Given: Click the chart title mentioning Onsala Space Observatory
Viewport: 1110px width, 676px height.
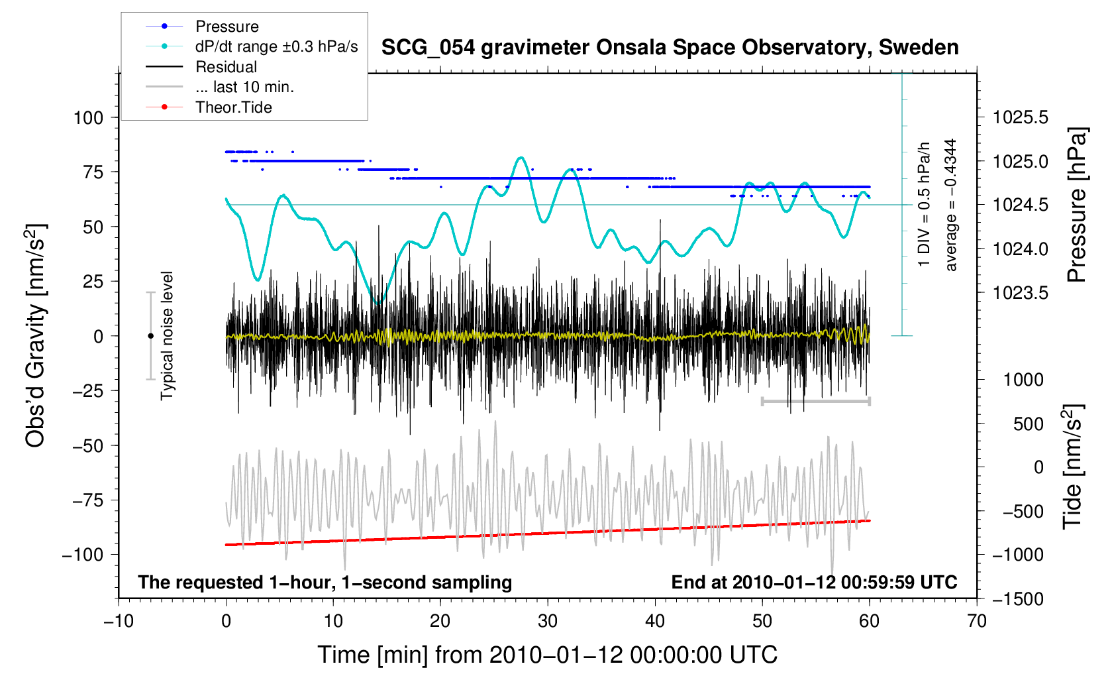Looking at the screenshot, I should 670,47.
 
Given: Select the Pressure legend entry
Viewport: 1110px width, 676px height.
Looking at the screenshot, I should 227,27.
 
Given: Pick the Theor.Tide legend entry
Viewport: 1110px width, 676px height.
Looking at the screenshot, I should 233,107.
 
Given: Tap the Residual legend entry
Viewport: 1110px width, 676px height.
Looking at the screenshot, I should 226,67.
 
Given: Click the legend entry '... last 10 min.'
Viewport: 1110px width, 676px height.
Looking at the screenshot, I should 244,87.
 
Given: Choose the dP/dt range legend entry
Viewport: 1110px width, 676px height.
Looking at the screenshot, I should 276,46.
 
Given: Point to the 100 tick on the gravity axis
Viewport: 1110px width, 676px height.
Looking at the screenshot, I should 89,118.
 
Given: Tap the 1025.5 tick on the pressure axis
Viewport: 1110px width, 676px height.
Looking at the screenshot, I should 1021,118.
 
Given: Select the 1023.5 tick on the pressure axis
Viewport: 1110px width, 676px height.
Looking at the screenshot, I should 1021,293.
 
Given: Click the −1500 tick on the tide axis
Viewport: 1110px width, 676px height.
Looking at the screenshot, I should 1017,599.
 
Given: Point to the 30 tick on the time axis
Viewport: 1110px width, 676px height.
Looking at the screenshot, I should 548,621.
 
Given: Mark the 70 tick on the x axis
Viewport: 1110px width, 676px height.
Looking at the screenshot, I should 977,621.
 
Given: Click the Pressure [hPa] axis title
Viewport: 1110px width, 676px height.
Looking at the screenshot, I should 1077,205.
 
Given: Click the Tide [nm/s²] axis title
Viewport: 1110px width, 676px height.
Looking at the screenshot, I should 1073,467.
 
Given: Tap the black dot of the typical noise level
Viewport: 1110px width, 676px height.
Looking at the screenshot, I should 150,336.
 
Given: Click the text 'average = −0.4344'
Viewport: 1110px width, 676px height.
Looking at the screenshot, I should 951,205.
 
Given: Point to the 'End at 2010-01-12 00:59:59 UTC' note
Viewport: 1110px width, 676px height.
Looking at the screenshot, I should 814,583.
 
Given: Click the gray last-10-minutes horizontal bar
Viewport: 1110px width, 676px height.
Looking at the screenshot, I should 815,401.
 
